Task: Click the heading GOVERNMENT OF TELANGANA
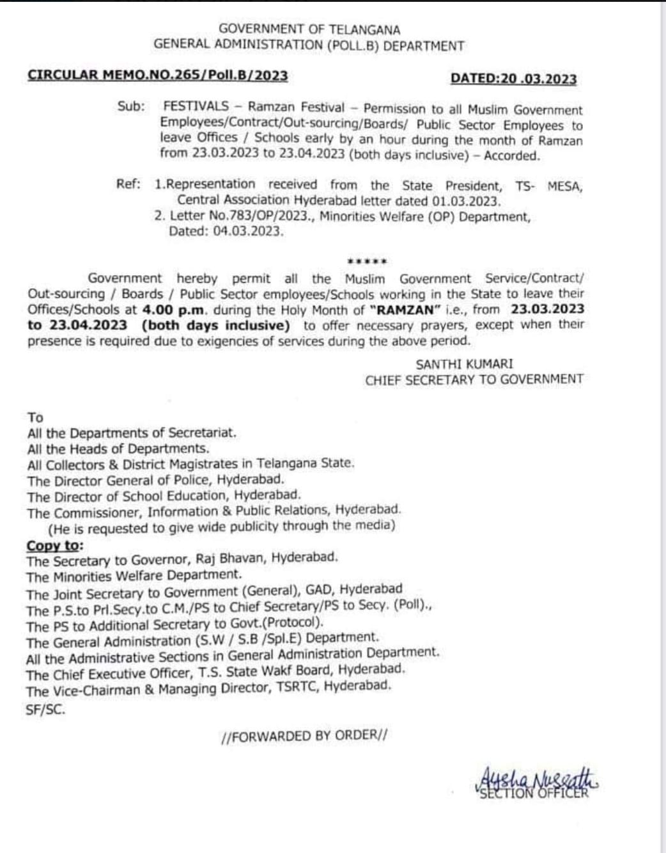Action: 309,29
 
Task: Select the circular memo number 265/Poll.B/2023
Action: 157,76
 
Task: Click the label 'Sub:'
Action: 131,106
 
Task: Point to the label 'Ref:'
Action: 128,184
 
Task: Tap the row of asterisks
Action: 366,262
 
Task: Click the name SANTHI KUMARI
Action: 464,364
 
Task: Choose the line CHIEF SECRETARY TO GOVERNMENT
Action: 474,379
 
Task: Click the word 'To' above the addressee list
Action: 35,417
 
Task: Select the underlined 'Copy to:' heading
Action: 54,546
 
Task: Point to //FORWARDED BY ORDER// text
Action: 304,736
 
